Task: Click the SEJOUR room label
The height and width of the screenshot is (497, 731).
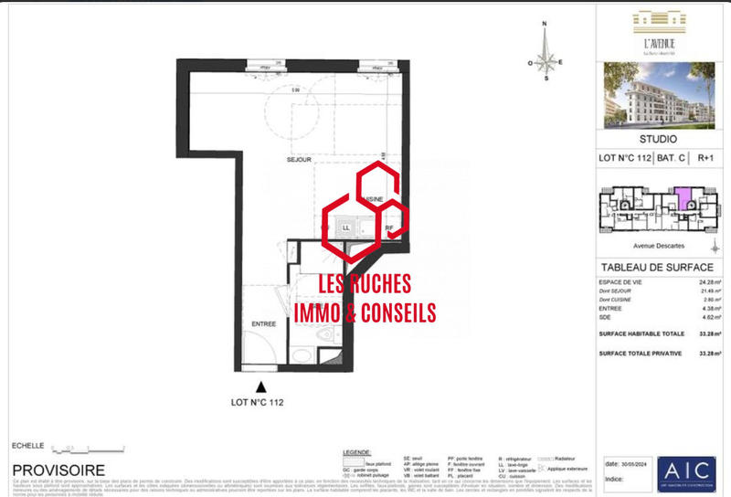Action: [299, 159]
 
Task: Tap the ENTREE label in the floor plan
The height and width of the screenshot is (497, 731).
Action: [263, 324]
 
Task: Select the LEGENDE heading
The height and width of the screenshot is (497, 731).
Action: [356, 452]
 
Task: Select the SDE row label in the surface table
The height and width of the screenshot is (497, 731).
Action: [604, 318]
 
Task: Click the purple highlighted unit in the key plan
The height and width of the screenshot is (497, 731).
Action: [682, 197]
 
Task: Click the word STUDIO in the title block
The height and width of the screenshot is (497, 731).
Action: [658, 140]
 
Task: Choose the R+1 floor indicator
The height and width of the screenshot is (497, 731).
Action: [705, 158]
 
